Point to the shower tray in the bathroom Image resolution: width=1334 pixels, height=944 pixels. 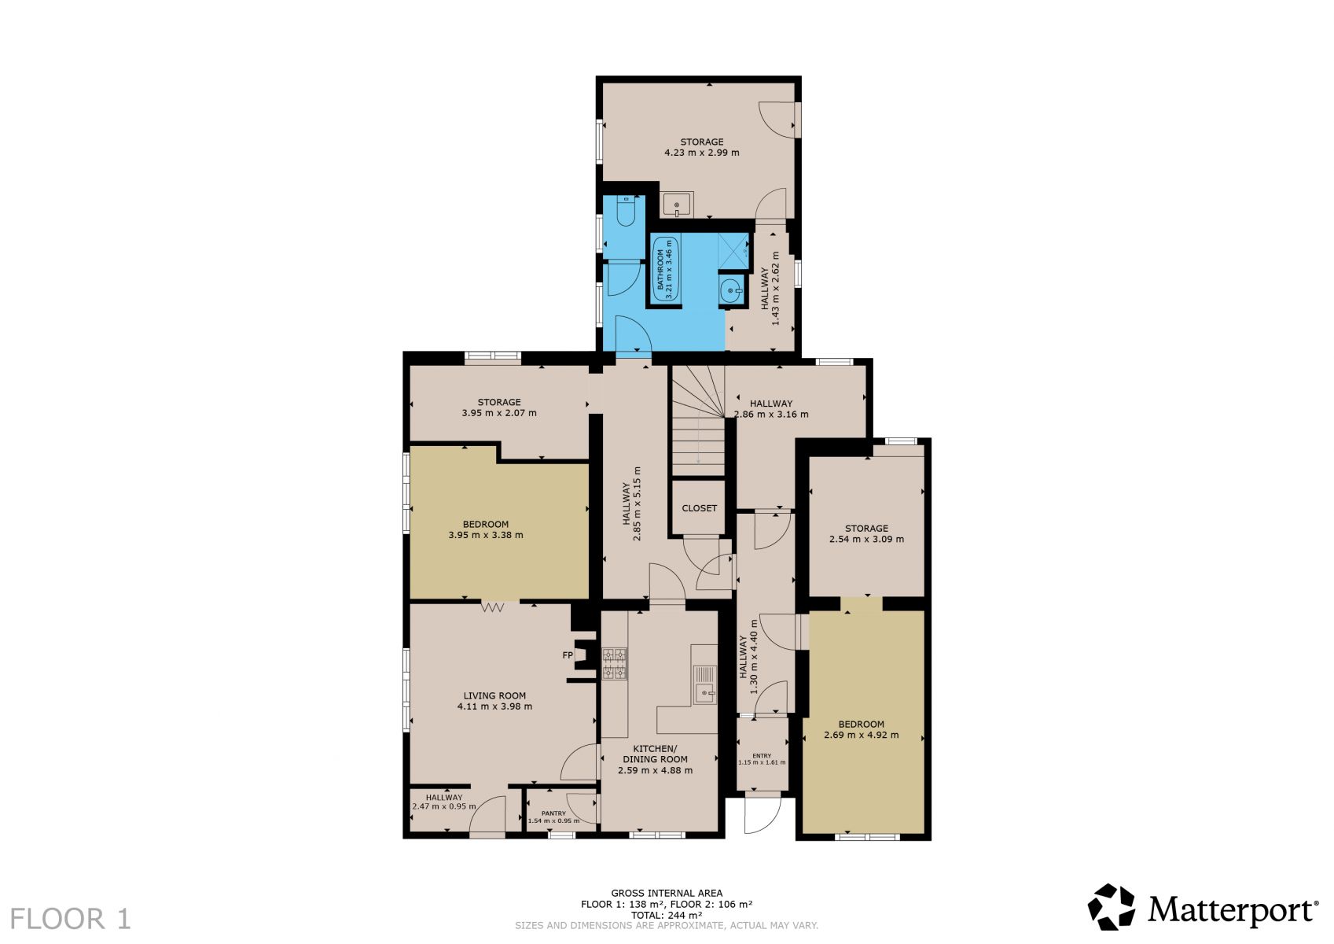point(733,252)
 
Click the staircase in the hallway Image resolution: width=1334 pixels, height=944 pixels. point(698,421)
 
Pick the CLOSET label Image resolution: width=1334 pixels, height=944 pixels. point(699,508)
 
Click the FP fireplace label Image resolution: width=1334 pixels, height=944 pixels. point(568,655)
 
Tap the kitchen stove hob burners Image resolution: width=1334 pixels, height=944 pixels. point(615,664)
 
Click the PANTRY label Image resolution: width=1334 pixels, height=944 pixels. point(553,813)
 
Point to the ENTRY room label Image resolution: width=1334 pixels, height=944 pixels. point(762,756)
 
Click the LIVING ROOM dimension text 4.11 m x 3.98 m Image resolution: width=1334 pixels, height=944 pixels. point(494,706)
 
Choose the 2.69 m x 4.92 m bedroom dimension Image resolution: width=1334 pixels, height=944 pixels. point(861,736)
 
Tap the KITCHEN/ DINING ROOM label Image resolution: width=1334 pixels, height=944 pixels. point(655,754)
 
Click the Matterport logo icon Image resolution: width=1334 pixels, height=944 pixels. point(1112,907)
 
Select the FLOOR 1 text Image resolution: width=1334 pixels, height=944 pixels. point(70,919)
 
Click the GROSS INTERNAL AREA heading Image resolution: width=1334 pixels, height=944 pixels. point(667,894)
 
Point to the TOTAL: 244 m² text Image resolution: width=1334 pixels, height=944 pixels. point(667,916)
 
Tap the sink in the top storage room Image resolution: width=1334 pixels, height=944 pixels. point(677,205)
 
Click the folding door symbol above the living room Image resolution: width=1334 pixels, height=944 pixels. point(493,607)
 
